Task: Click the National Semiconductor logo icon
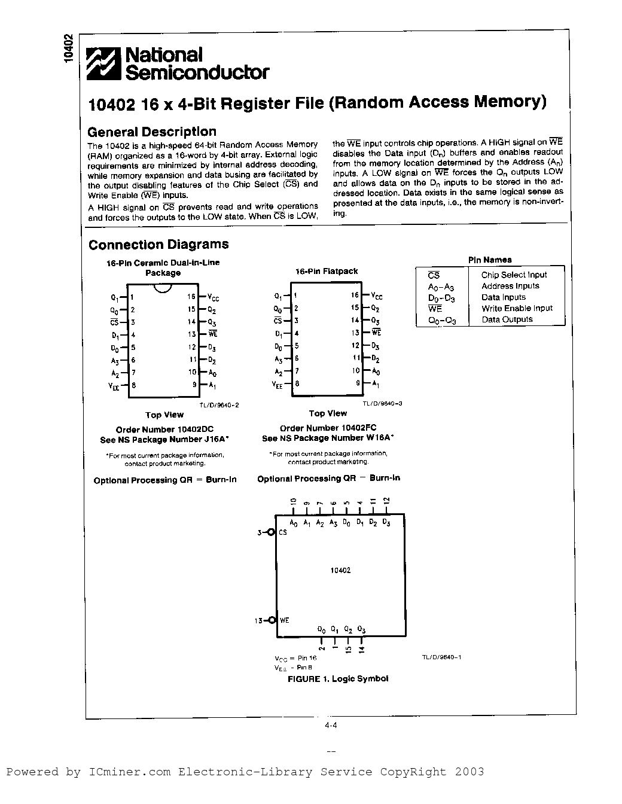[104, 63]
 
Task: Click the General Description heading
[152, 132]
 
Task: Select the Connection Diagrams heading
[158, 245]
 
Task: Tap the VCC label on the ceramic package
[214, 297]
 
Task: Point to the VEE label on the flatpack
[279, 384]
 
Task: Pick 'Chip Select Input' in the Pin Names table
[514, 275]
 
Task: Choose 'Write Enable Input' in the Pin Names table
[517, 308]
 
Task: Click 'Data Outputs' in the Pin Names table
[507, 319]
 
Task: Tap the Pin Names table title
[490, 260]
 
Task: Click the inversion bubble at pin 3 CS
[272, 532]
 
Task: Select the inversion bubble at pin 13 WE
[272, 620]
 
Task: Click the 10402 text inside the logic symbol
[340, 570]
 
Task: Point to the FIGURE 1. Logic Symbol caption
[338, 679]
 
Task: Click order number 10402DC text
[164, 430]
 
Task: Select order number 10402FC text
[328, 428]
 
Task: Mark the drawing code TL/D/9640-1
[441, 657]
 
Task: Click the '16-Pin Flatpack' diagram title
[327, 272]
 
